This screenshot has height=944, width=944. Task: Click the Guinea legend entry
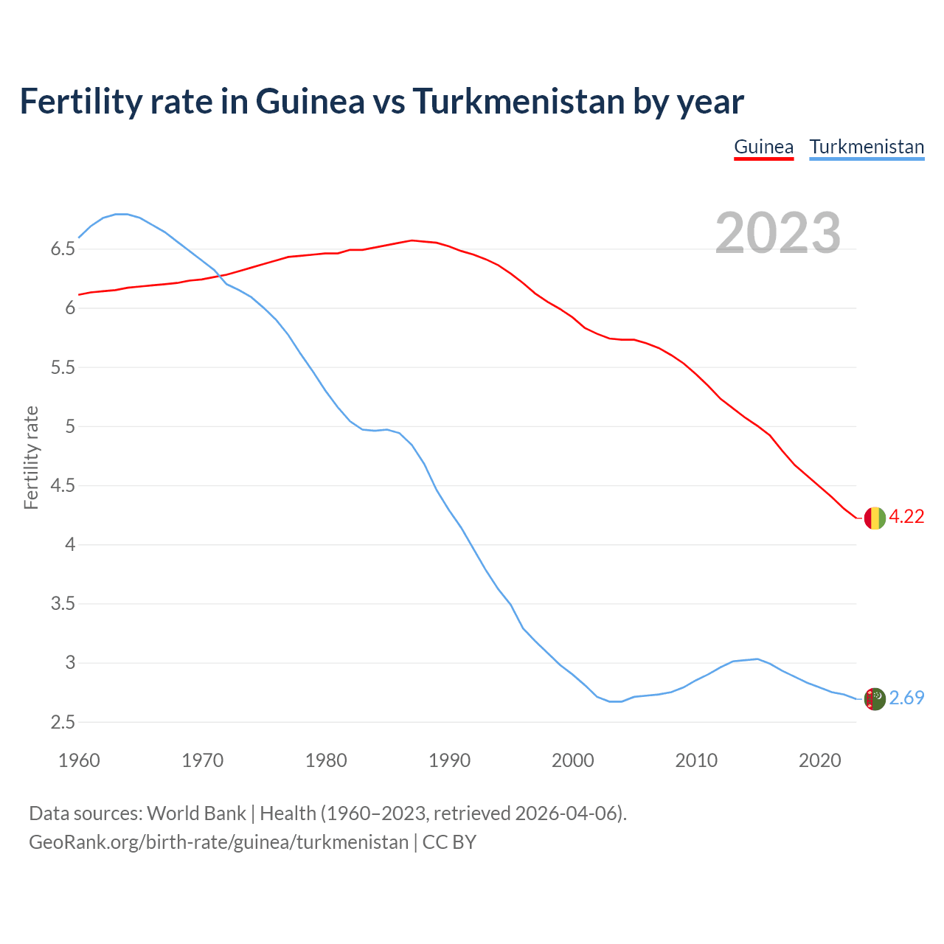click(763, 147)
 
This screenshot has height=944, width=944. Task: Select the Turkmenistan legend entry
click(867, 147)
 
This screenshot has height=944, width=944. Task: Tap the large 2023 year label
click(778, 233)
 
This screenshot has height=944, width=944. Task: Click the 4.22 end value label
click(906, 517)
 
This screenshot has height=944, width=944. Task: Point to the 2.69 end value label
click(906, 698)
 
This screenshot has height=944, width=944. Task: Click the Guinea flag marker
click(874, 518)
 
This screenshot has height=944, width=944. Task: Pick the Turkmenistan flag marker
click(874, 698)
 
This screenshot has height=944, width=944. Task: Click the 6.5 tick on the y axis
click(63, 249)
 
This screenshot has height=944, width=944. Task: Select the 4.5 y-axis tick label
click(63, 486)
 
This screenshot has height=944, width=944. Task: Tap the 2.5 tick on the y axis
click(63, 723)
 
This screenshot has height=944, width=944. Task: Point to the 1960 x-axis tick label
click(79, 760)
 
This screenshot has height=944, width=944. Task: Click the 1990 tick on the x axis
click(449, 760)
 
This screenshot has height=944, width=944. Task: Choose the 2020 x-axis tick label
click(819, 760)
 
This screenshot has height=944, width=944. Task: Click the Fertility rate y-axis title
click(31, 457)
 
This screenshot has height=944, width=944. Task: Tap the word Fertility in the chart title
click(80, 101)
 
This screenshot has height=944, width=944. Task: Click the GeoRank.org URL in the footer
click(218, 842)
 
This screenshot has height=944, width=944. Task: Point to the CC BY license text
click(449, 842)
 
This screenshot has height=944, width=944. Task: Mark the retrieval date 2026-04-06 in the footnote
click(566, 813)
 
